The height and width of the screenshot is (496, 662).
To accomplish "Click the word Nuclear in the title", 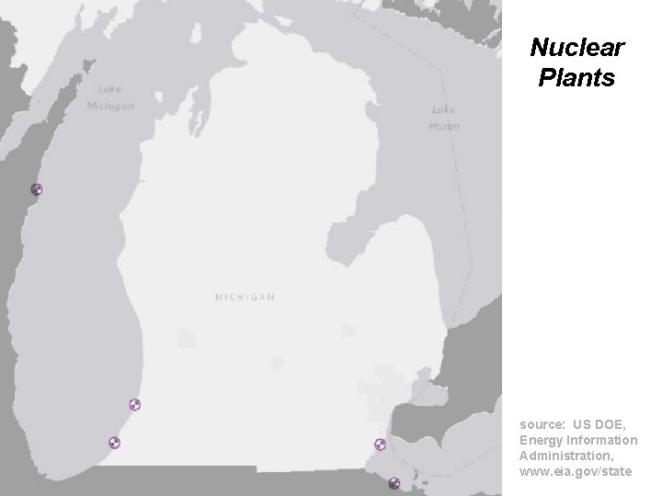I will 577,47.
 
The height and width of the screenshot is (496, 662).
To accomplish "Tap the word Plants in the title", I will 576,78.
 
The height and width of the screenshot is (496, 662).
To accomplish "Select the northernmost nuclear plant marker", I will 37,190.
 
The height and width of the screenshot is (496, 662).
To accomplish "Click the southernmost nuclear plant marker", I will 394,483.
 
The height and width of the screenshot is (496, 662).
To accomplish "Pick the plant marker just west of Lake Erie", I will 380,445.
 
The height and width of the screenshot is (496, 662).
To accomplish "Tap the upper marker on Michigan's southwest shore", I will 134,404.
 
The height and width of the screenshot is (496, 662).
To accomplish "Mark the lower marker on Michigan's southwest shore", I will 115,443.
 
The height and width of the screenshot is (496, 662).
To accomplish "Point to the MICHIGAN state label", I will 245,298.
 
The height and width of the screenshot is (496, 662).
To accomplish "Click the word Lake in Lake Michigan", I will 110,90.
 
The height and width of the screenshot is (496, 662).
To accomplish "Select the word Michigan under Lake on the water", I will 110,106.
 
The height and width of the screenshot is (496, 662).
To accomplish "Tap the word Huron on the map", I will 444,126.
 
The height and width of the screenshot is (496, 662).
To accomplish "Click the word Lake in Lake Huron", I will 443,110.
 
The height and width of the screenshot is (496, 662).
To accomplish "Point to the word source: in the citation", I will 542,425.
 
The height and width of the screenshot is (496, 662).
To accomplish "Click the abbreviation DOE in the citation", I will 611,425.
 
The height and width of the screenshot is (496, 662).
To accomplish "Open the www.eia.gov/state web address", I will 576,471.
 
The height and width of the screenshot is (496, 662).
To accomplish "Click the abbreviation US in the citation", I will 582,425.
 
